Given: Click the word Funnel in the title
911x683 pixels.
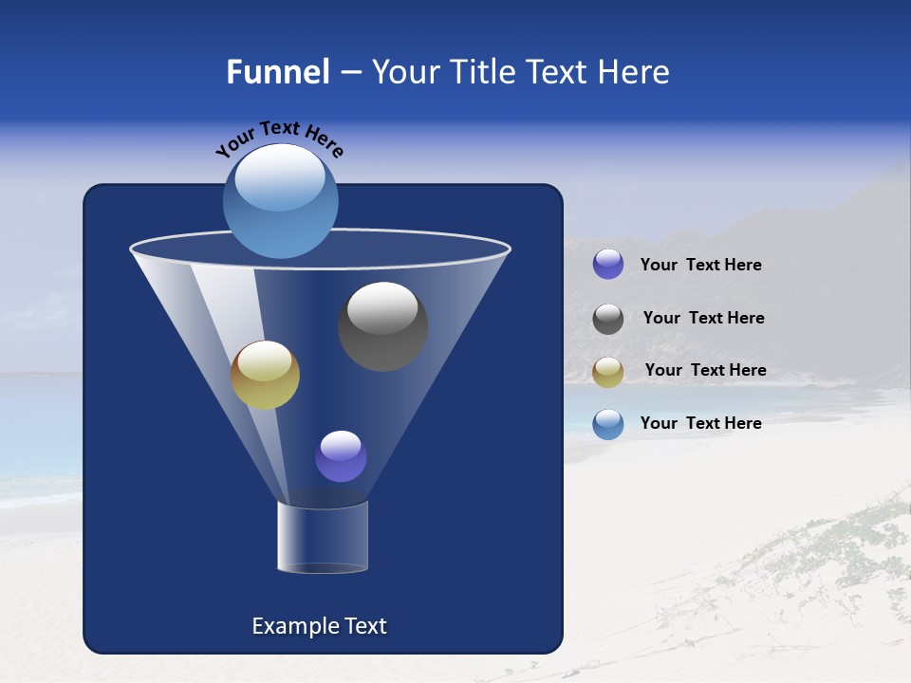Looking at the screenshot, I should click(x=277, y=72).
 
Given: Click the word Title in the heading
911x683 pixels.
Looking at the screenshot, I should click(x=482, y=72).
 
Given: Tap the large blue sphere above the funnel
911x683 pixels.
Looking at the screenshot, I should click(x=280, y=201).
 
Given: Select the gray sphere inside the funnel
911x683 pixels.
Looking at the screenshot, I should click(x=382, y=326).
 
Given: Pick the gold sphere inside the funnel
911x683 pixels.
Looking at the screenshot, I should click(x=265, y=375).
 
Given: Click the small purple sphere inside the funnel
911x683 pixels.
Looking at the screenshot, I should click(x=341, y=456).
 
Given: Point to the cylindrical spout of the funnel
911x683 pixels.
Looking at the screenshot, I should click(x=323, y=537).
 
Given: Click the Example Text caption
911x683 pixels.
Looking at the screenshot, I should click(x=319, y=626).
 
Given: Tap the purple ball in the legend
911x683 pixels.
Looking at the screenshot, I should click(x=608, y=265).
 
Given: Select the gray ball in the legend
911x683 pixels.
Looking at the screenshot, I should click(x=608, y=319).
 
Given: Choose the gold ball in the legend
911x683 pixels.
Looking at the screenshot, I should click(x=608, y=372).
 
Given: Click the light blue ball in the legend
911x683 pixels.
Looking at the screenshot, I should click(x=608, y=424).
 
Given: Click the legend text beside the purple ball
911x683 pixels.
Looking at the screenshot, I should click(x=700, y=265).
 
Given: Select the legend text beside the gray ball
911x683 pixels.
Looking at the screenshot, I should click(x=703, y=318).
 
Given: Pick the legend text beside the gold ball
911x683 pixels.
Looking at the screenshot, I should click(x=705, y=370).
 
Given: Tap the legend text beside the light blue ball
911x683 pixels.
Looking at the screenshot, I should click(x=700, y=423).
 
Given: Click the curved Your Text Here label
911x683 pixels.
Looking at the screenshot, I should click(x=280, y=137).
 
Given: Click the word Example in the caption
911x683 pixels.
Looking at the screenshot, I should click(x=294, y=626).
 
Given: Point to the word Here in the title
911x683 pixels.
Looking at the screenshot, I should click(x=634, y=72).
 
